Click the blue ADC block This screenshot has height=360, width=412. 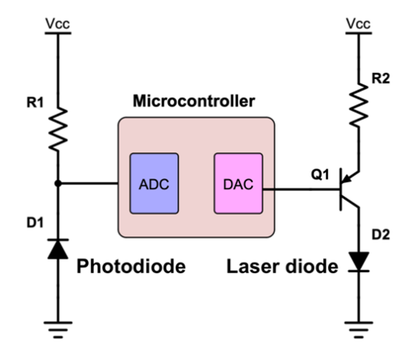tap(154, 184)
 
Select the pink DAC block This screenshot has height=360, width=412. tap(239, 184)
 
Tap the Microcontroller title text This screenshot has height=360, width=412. tap(194, 101)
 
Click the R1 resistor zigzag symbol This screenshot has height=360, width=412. tap(58, 129)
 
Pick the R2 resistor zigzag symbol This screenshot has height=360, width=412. tap(359, 105)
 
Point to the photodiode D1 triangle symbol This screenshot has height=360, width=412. tap(58, 249)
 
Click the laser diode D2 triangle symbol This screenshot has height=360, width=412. tap(359, 262)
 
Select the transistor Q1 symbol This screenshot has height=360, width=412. tap(349, 189)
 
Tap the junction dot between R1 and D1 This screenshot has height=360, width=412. tap(57, 184)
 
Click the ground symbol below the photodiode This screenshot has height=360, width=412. tap(58, 330)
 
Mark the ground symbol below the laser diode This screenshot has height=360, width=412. tap(359, 330)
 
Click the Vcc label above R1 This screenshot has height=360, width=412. tap(57, 23)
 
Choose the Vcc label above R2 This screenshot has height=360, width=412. tap(359, 23)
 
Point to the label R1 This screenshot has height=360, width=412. tap(35, 102)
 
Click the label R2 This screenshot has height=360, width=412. tap(381, 78)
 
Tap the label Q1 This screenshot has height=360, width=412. tap(320, 175)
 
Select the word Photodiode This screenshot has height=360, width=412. tap(131, 266)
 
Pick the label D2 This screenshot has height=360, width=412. tap(381, 235)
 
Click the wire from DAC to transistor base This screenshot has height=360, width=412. tap(302, 189)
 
